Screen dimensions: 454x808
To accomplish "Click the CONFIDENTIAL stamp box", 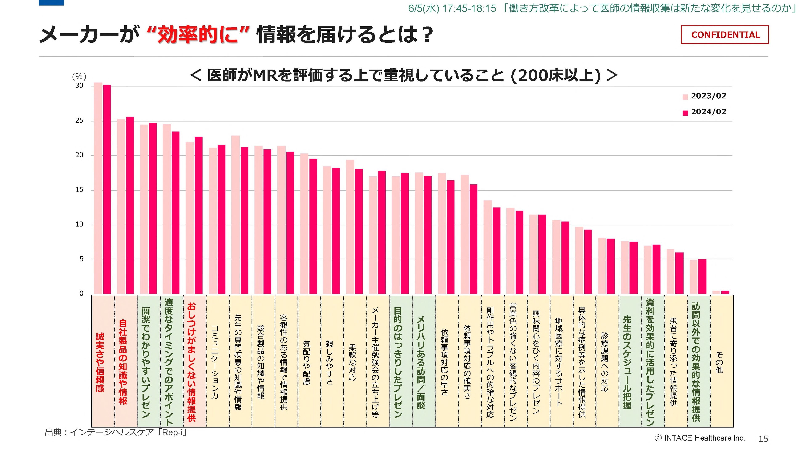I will pos(724,35).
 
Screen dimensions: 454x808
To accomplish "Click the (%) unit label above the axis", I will pos(79,76).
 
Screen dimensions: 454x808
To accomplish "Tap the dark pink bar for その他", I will pos(725,292).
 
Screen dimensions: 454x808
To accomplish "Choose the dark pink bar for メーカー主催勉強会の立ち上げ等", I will pos(382,232).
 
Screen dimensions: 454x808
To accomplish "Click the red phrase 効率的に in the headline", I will pos(198,34).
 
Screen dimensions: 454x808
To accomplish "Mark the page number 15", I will pos(763,439).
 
